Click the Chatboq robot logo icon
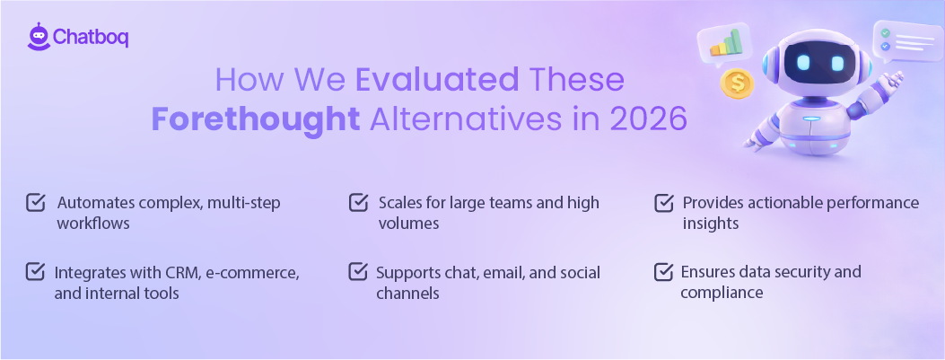[38, 36]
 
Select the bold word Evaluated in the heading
[438, 81]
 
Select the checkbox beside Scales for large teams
[357, 203]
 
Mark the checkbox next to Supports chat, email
[357, 271]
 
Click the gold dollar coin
[739, 83]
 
